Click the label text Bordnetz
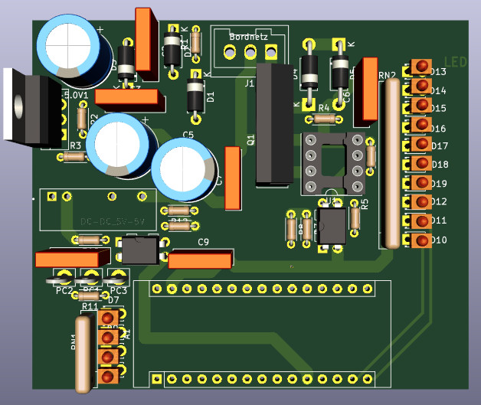point(248,36)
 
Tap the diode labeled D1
point(196,96)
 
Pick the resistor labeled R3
point(75,156)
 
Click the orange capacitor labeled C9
point(199,261)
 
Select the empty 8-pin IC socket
point(333,162)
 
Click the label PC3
point(118,291)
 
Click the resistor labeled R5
point(355,217)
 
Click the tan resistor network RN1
point(83,351)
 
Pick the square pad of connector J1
point(270,52)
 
